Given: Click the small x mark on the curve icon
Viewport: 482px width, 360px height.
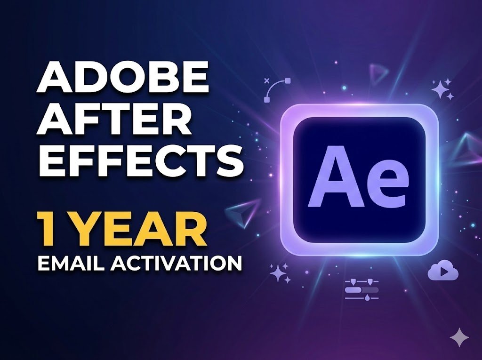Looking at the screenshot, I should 267,80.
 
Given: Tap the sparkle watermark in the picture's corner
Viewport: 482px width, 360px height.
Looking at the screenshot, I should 459,337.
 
